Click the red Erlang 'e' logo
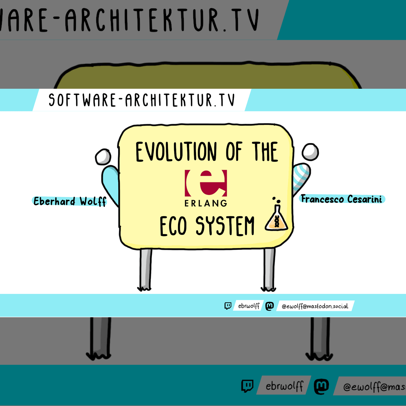[x=206, y=183]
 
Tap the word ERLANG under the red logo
[x=206, y=203]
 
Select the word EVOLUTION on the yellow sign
[x=176, y=152]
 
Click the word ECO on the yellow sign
[x=173, y=226]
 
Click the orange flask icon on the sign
[x=276, y=217]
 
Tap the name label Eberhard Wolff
[x=70, y=201]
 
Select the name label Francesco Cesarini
[x=342, y=199]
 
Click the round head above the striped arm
[x=310, y=152]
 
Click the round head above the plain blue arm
[x=103, y=157]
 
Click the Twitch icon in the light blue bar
[x=228, y=306]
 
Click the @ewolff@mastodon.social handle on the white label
[x=315, y=306]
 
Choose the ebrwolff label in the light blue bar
[x=249, y=306]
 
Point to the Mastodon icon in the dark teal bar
[x=321, y=386]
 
